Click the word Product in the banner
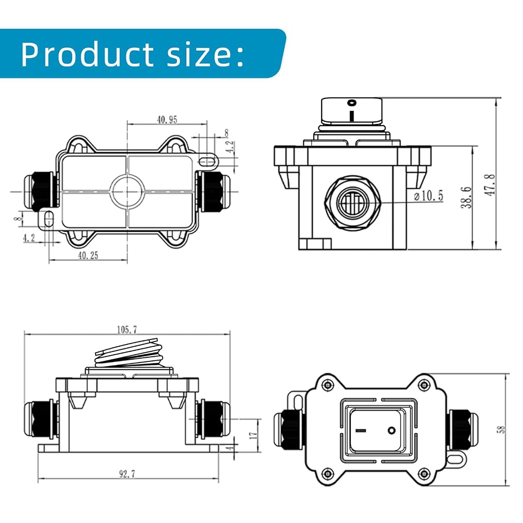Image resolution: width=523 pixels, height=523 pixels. [x=87, y=54]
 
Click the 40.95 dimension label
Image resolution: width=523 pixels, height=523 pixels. [x=167, y=119]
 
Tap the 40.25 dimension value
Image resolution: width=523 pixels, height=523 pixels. [x=88, y=256]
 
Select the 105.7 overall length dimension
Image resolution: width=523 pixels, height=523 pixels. [x=127, y=329]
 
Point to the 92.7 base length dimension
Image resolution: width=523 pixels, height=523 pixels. [x=128, y=474]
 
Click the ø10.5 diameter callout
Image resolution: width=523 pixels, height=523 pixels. [x=429, y=196]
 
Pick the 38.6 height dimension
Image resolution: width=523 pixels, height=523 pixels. [x=467, y=198]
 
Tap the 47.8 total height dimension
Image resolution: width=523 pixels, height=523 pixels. [x=491, y=185]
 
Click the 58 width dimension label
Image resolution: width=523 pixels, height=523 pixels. [x=502, y=429]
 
